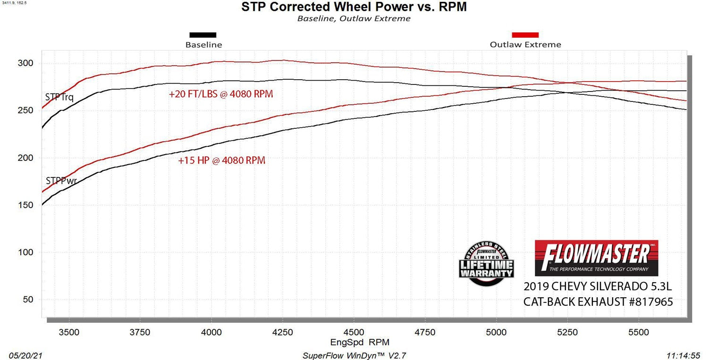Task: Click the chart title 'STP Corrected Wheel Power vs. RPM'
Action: tap(354, 7)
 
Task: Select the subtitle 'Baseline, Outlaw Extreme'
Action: tap(354, 19)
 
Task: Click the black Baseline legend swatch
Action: tap(202, 35)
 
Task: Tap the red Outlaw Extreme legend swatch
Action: tap(525, 35)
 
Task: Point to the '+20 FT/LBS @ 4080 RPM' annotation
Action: tap(221, 94)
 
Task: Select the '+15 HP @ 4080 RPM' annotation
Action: tap(221, 160)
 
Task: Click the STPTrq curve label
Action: tap(59, 98)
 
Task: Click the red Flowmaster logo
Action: tap(596, 258)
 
